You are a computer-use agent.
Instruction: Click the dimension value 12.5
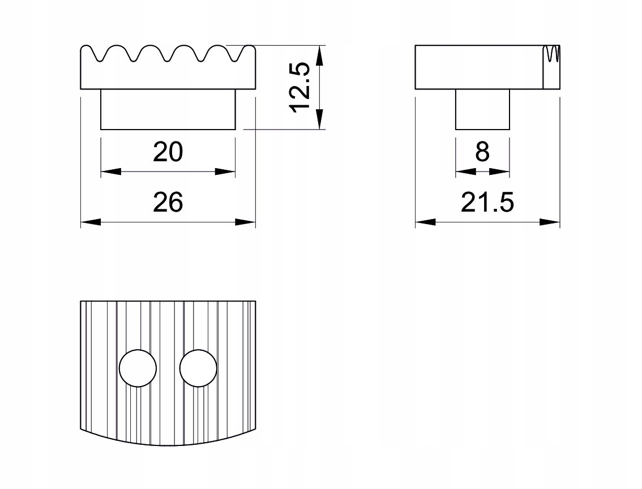(x=298, y=88)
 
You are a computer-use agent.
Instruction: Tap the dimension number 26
(x=168, y=202)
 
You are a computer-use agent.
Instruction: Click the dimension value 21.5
(x=487, y=202)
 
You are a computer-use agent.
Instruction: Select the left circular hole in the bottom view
(x=138, y=368)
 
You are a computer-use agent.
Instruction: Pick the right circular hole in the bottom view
(x=198, y=368)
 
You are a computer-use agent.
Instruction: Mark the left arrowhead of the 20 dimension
(x=111, y=171)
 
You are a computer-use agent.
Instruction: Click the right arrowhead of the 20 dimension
(x=225, y=171)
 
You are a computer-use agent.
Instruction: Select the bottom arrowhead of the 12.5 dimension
(x=319, y=119)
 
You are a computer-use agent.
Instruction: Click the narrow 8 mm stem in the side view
(x=482, y=109)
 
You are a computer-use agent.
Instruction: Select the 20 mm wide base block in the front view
(x=168, y=109)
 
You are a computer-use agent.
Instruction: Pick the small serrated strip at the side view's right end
(x=551, y=67)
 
